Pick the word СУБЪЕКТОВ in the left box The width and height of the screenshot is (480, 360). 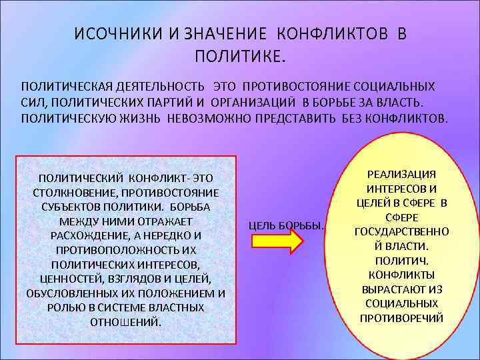73,207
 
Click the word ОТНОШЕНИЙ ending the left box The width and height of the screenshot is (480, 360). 125,322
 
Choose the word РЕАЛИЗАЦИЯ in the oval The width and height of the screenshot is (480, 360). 401,174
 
